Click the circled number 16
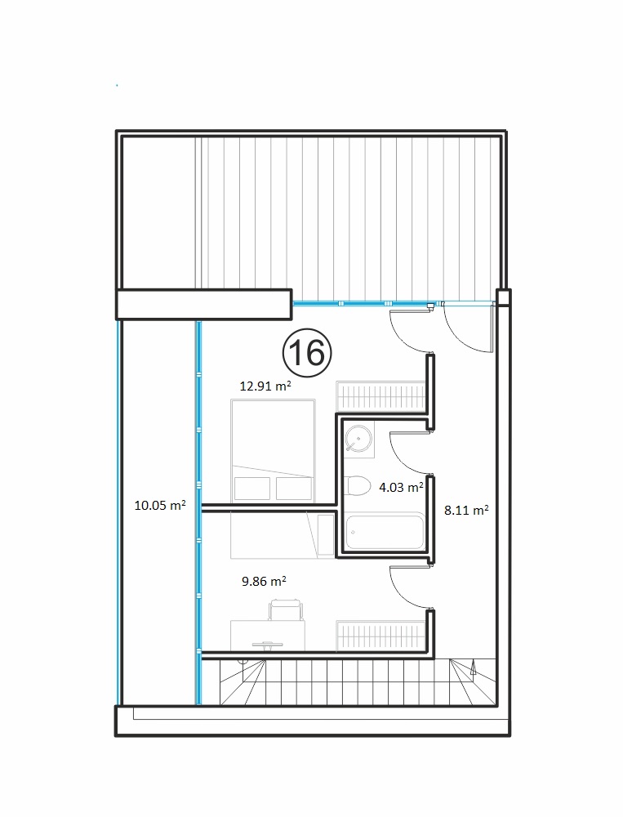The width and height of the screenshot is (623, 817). [x=307, y=353]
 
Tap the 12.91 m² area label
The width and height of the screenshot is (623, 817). [x=265, y=386]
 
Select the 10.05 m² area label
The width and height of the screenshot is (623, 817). [x=160, y=505]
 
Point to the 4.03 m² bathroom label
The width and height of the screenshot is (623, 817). [x=401, y=487]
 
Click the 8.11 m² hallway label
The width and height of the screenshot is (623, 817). [x=466, y=510]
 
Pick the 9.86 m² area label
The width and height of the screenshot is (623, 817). [x=264, y=581]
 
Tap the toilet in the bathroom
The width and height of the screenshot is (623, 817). [x=358, y=485]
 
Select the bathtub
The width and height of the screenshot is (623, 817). [x=385, y=531]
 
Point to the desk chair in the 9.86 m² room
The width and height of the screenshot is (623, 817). [x=286, y=609]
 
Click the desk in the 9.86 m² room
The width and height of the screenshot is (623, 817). [x=268, y=635]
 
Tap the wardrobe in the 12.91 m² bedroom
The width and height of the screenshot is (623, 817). [x=380, y=395]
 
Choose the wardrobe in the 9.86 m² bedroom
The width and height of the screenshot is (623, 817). [x=380, y=635]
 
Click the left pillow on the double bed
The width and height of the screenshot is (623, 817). [x=252, y=489]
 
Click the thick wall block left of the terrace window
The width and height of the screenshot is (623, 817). [x=203, y=304]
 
